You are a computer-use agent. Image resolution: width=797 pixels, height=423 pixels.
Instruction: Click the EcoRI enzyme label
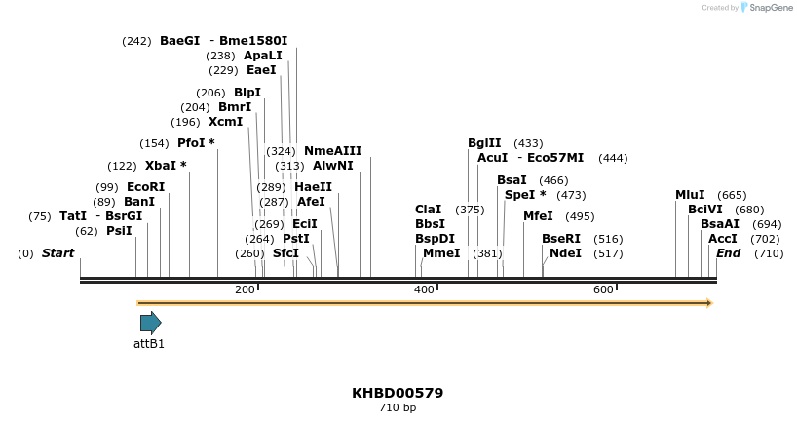145,187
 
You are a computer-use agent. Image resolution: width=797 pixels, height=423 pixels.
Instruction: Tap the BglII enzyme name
484,143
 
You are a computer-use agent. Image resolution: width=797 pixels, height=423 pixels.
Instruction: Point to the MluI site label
690,195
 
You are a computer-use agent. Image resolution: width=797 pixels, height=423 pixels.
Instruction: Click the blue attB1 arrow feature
150,323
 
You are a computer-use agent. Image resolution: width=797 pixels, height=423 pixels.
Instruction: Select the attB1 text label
149,343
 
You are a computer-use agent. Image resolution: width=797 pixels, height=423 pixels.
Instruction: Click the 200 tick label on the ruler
245,289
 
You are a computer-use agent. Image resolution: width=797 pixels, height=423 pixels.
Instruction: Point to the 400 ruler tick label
424,289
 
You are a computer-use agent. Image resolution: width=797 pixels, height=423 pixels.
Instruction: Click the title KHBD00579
398,393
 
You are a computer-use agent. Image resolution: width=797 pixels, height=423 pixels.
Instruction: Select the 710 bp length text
398,408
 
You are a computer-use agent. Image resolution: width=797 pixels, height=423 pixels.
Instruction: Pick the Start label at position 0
57,253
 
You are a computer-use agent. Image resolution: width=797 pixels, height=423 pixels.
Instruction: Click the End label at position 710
729,253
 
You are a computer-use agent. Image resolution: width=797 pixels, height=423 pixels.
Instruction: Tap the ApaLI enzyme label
262,56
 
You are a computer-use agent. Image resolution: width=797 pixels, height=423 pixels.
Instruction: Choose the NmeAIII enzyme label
332,151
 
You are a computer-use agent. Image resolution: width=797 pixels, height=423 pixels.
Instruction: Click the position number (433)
528,143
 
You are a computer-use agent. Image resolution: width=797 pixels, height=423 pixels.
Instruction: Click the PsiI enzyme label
119,231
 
